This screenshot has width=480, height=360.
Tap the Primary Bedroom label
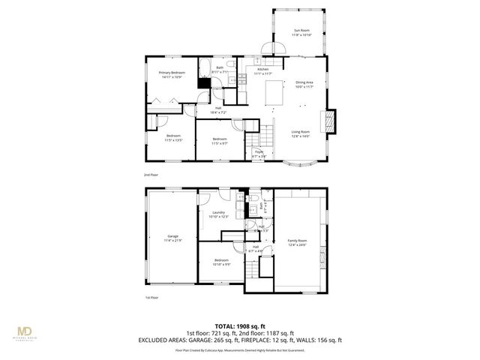[171, 74]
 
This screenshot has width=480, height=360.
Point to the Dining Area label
[304, 84]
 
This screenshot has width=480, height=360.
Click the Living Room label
[301, 133]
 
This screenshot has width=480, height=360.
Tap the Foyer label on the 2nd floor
[259, 154]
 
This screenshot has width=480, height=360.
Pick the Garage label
[172, 238]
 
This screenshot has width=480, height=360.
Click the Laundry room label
[219, 214]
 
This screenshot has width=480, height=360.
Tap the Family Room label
[298, 241]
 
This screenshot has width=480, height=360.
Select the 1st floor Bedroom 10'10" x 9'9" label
[221, 262]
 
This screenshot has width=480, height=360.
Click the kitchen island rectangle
[274, 93]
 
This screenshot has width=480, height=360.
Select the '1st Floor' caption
[152, 298]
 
